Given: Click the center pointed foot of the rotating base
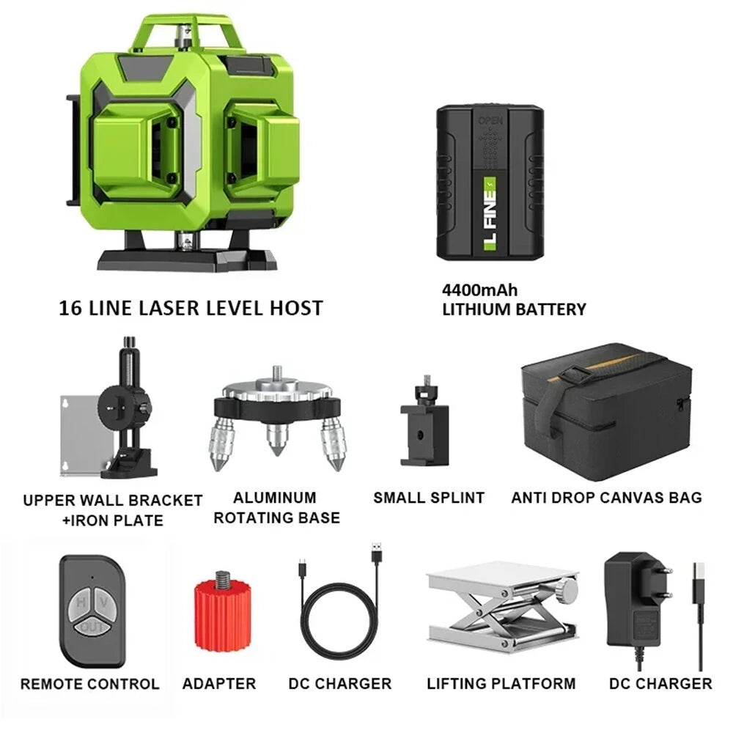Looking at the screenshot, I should [277, 440].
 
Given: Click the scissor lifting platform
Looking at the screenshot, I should [501, 612].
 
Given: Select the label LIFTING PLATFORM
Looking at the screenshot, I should [501, 684].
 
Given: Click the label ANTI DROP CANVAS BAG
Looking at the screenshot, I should [606, 498].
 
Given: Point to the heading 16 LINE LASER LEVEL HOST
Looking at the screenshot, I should [191, 308].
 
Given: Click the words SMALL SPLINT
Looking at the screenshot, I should [429, 498].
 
